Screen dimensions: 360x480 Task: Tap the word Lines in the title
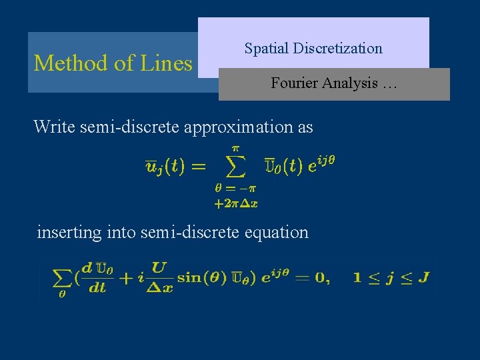click(166, 63)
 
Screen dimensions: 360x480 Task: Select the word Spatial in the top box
click(265, 48)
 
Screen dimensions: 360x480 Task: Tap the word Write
click(55, 126)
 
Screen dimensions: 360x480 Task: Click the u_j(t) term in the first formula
click(167, 166)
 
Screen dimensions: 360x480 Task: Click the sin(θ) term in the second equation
click(200, 278)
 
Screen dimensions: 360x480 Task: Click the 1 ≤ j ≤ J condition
click(390, 277)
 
